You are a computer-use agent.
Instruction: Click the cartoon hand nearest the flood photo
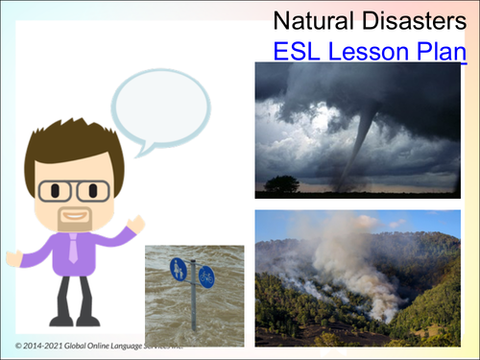(x=135, y=225)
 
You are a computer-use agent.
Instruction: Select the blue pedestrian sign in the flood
(x=179, y=270)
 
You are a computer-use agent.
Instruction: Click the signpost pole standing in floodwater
(x=192, y=307)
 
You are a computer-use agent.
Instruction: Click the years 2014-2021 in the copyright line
(x=48, y=344)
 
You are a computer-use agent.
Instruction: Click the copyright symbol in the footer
(x=18, y=344)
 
